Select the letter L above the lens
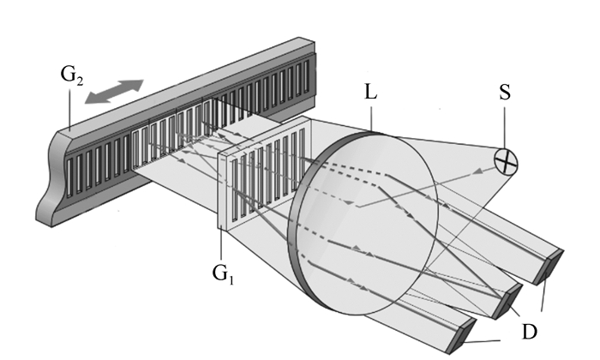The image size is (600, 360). tap(370, 92)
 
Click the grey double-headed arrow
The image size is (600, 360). tap(114, 93)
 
